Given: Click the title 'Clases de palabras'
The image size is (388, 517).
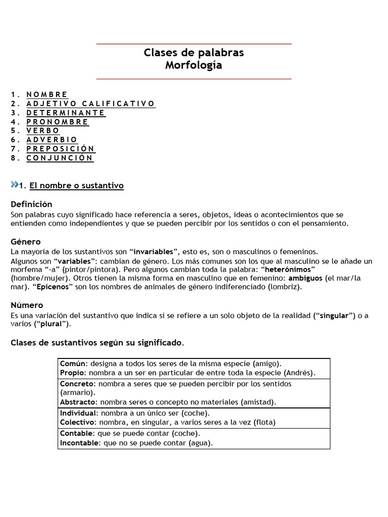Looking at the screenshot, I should [x=194, y=53].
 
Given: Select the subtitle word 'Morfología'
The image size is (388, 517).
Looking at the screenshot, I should [x=194, y=66].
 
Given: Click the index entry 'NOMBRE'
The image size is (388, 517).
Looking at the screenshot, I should [x=47, y=94].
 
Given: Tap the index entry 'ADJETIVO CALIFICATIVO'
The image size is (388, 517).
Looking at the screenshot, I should [x=91, y=104].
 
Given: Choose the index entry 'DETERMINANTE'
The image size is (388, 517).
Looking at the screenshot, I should [x=66, y=113].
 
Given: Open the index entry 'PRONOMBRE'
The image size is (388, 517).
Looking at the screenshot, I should [x=58, y=122].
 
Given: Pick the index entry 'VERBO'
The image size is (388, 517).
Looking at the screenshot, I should [x=43, y=131].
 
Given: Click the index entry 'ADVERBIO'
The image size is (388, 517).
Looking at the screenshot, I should [x=52, y=140].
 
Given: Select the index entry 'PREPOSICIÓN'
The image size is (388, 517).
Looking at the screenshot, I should [x=61, y=149].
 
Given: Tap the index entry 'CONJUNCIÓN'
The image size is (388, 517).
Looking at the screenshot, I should [x=60, y=158].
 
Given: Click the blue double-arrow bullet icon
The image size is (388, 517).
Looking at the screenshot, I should [x=14, y=185].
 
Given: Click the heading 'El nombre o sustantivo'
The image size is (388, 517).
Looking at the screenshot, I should [x=76, y=186].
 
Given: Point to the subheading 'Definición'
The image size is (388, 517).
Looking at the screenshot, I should [x=31, y=204].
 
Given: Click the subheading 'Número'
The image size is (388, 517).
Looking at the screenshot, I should [x=27, y=305].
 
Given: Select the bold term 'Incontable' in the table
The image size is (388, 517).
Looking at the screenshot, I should [x=79, y=443].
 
